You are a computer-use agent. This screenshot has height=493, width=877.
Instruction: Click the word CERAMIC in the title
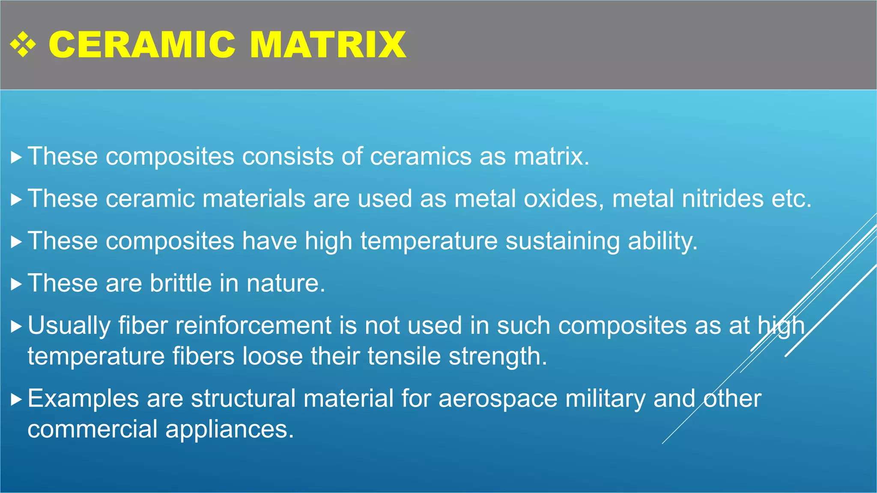click(x=142, y=45)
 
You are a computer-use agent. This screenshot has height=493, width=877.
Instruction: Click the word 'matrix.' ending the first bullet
click(x=551, y=156)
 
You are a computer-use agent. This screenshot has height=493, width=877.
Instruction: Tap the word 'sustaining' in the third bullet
click(x=562, y=241)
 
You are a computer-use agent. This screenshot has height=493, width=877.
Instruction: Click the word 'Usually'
click(x=69, y=326)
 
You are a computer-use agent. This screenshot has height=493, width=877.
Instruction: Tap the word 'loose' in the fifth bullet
click(x=273, y=356)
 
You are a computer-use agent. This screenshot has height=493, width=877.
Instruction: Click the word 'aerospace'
click(x=498, y=399)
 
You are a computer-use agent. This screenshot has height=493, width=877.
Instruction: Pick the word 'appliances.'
click(x=230, y=429)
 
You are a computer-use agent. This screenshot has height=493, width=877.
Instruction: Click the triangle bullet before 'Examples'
click(x=16, y=400)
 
